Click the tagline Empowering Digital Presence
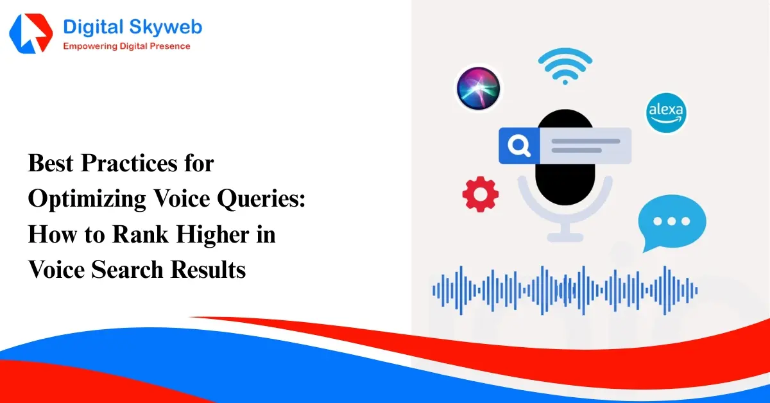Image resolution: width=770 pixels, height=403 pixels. click(126, 46)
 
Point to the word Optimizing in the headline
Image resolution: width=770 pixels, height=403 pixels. click(86, 200)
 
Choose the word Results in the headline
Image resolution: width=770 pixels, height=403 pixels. click(208, 270)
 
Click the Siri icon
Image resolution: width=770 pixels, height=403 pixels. click(478, 88)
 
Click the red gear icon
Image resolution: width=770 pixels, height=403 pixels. click(481, 194)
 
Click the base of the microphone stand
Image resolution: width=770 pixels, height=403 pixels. click(565, 236)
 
